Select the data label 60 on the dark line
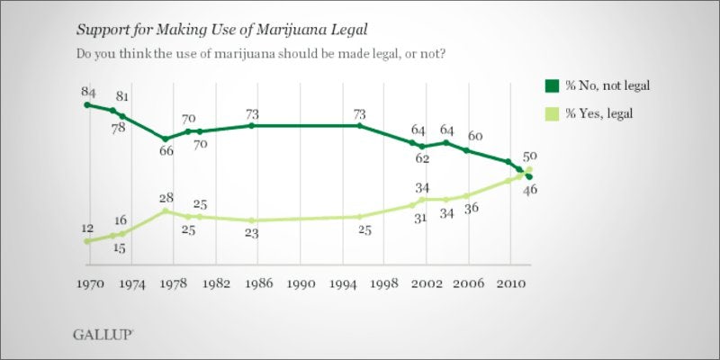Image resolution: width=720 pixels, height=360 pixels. click(474, 136)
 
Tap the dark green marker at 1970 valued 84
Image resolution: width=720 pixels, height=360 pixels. click(86, 104)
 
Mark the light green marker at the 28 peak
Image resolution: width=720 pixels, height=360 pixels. click(166, 211)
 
